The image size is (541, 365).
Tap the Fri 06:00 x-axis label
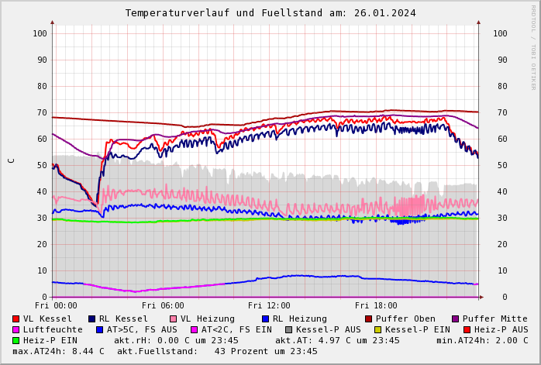coord(163,306)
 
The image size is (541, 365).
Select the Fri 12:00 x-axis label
coord(269,306)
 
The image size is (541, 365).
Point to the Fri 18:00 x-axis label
coord(376,306)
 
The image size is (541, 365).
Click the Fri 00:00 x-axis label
coord(56,306)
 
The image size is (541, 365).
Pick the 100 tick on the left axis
coord(40,33)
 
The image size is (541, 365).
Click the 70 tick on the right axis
coord(500,112)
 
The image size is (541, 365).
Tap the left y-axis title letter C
coord(11,160)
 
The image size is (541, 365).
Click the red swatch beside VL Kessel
coord(16,319)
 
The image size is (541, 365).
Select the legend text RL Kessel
coord(122,319)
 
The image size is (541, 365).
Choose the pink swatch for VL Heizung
coord(173,319)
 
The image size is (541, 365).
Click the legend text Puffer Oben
coord(405,319)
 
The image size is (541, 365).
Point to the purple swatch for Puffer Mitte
coord(456,319)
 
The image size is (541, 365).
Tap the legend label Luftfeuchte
coord(53,329)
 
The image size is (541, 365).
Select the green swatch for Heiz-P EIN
coord(16,340)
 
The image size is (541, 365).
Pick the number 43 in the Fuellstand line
coord(219,351)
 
